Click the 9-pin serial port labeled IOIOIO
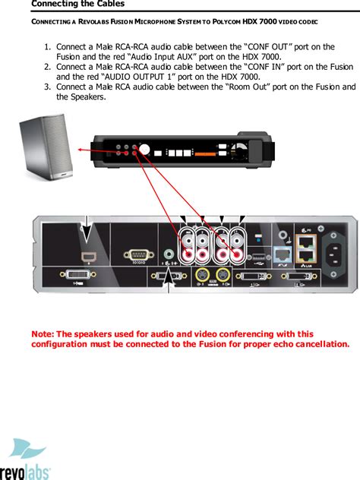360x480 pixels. [137, 256]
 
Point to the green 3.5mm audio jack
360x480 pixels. [168, 254]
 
